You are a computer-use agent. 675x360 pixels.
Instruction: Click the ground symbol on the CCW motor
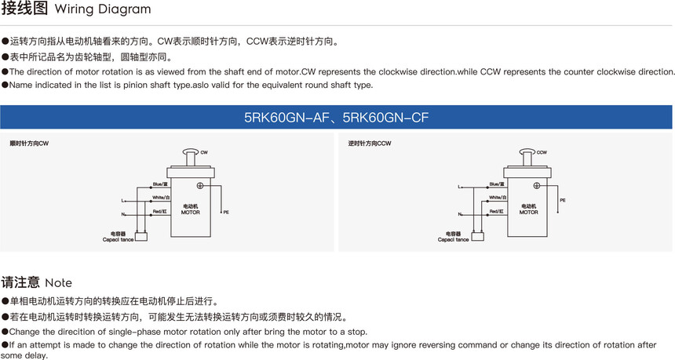pos(536,185)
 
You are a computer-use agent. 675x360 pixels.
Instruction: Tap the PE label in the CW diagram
pos(226,213)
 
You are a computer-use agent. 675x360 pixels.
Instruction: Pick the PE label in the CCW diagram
pos(563,201)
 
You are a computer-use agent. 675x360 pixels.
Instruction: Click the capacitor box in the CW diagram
pos(140,236)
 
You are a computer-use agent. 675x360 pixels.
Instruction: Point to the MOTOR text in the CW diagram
pos(190,213)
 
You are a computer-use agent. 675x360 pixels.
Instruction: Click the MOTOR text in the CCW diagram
pos(528,213)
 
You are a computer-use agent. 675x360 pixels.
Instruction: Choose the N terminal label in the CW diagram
pos(123,214)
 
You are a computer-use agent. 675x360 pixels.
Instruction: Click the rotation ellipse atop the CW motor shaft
pos(189,152)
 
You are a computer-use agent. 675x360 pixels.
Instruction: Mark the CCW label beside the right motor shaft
pos(542,153)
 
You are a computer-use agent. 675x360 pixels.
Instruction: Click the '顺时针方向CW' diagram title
pos(28,144)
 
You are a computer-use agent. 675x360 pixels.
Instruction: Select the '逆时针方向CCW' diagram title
pos(369,144)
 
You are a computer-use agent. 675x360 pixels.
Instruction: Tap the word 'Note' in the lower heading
pos(59,283)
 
